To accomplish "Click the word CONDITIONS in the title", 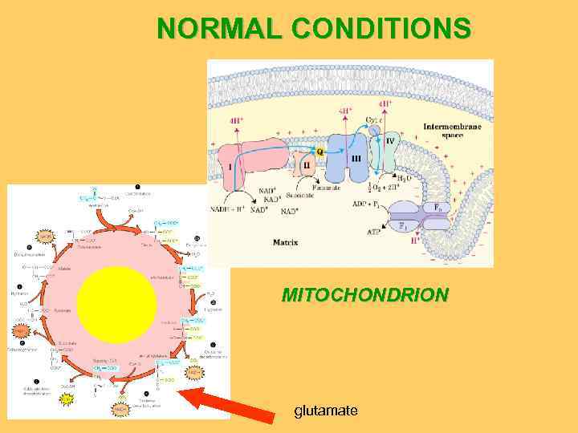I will (381, 29).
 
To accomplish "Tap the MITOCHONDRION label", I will (364, 294).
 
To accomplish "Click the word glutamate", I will (325, 411).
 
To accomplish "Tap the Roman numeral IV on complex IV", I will (390, 141).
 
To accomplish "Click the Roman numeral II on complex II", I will (306, 164).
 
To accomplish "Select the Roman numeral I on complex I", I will (231, 167).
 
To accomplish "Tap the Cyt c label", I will (376, 119).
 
